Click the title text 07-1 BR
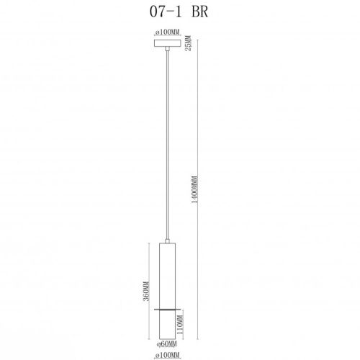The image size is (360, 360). click(179, 12)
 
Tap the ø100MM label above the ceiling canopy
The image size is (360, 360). click(167, 32)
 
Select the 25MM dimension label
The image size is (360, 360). click(189, 43)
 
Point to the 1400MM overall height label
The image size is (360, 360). click(195, 190)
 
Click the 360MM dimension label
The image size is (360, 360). click(146, 291)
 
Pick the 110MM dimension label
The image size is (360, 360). click(180, 325)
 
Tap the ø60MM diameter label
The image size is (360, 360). click(167, 344)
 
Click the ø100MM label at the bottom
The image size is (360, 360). click(167, 355)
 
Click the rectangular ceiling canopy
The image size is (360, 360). click(167, 43)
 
